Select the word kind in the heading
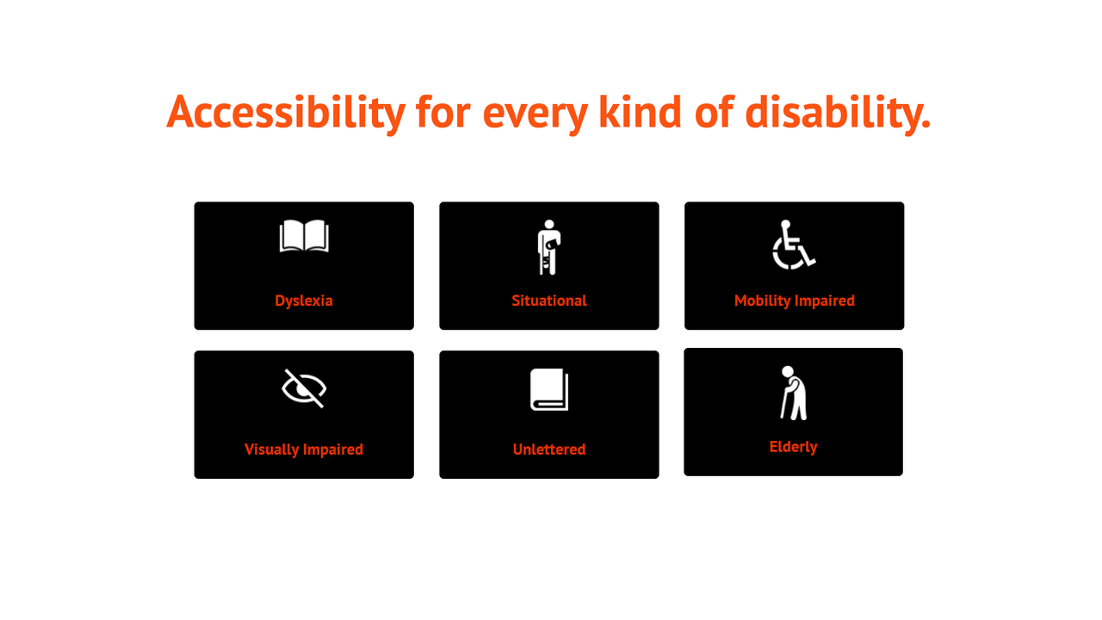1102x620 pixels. click(x=633, y=112)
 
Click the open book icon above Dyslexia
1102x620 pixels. click(x=304, y=237)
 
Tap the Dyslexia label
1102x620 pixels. click(x=304, y=301)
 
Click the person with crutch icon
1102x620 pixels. click(x=548, y=247)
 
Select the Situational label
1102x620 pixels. click(x=549, y=301)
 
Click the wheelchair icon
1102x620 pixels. click(x=793, y=245)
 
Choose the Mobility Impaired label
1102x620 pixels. click(x=794, y=301)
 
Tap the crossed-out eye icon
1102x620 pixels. click(x=304, y=388)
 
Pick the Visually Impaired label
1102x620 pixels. click(x=304, y=449)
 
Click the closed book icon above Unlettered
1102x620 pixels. click(x=549, y=390)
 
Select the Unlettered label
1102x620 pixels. click(x=549, y=449)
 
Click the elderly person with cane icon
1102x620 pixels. click(x=793, y=394)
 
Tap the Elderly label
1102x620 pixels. click(x=793, y=447)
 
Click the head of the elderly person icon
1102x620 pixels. click(x=787, y=371)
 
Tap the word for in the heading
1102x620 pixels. click(x=443, y=112)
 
